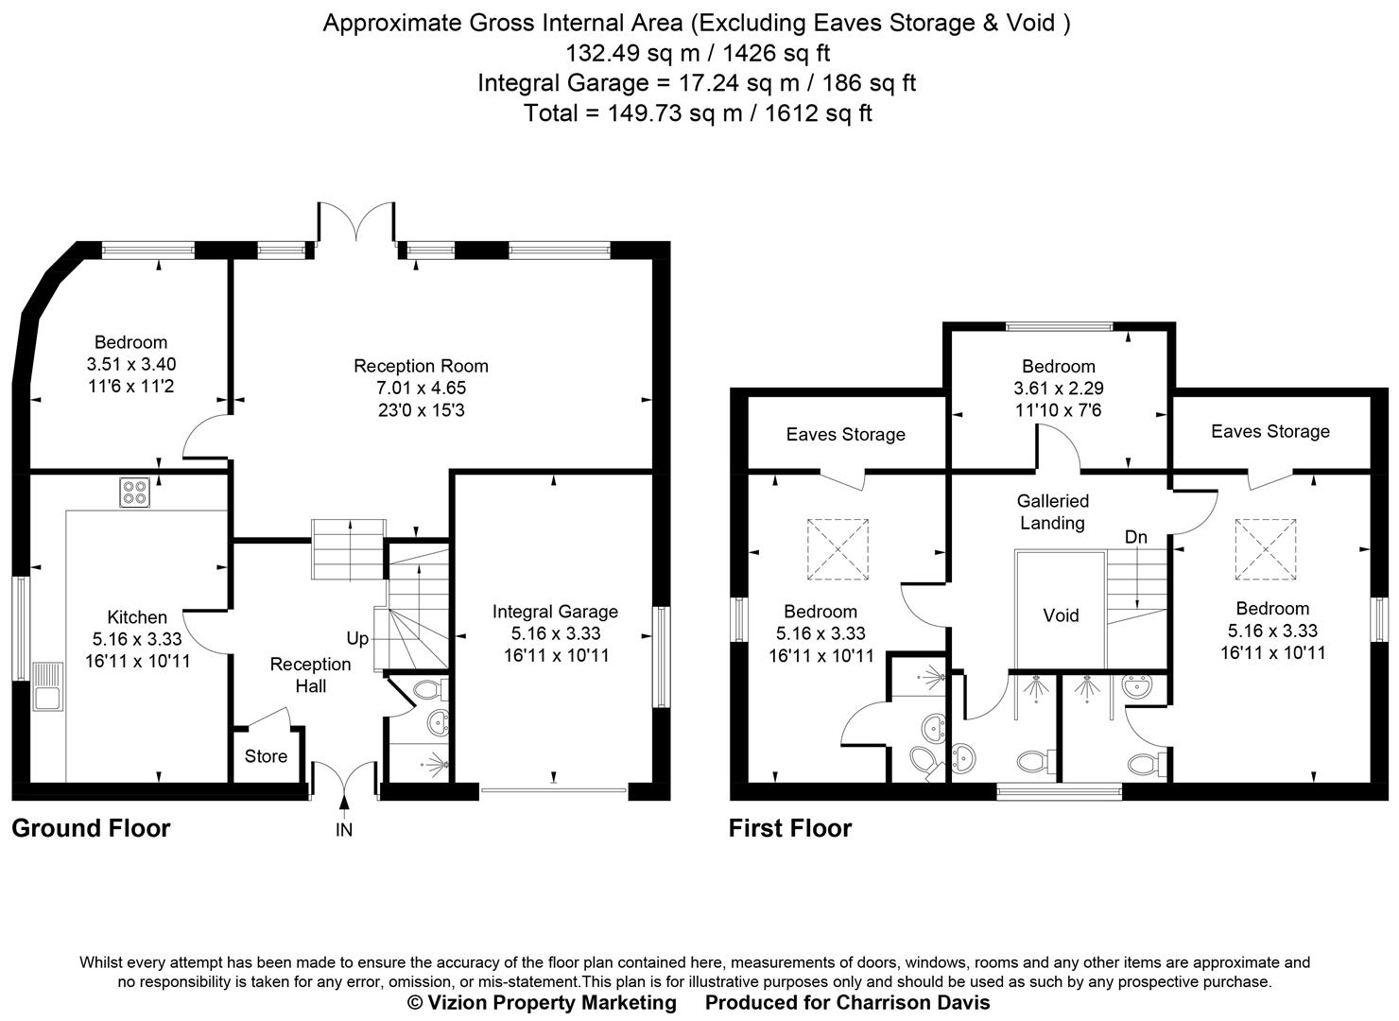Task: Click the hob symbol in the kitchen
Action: point(134,493)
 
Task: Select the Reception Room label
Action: point(421,366)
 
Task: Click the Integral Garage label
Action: point(555,612)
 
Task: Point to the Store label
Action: point(266,756)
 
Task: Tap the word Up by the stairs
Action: point(357,638)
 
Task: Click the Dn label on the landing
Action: point(1135,537)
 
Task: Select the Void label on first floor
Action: point(1061,615)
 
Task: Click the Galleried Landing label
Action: point(1052,511)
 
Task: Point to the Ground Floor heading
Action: point(91,828)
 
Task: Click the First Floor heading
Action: point(789,828)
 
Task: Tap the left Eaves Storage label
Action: point(845,434)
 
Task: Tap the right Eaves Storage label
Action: point(1269,431)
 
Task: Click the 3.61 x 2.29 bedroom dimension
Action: point(1058,388)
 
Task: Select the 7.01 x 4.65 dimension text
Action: point(421,388)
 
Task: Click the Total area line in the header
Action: point(698,113)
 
